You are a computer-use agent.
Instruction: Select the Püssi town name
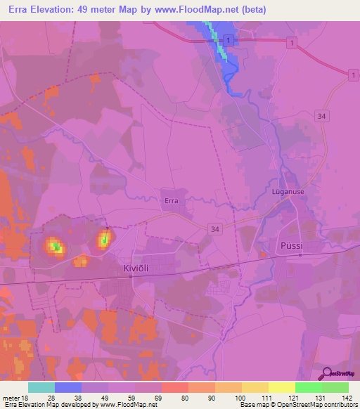pyautogui.click(x=290, y=247)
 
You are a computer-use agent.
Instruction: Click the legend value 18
pyautogui.click(x=26, y=398)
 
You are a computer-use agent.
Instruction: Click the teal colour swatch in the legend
pyautogui.click(x=41, y=387)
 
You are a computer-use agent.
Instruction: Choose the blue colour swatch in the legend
pyautogui.click(x=68, y=387)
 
